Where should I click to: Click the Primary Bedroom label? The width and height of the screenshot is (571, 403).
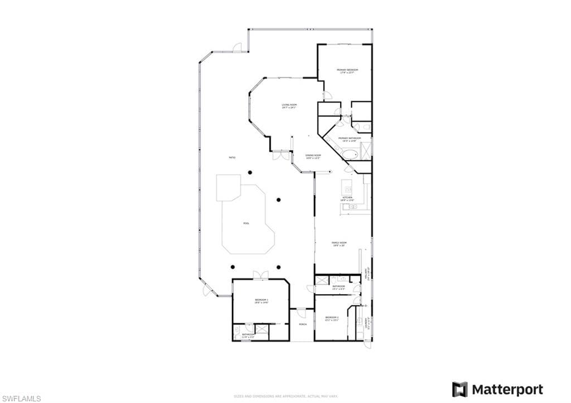point(347,70)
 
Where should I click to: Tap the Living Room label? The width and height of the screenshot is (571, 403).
point(289,105)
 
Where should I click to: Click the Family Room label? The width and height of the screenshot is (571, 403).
point(340,242)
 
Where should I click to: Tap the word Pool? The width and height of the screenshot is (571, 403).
point(246,223)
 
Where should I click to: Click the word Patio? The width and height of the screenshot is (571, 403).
point(232,158)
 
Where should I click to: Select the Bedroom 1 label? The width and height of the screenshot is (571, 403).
point(262,301)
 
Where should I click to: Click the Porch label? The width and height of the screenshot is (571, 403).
point(303,324)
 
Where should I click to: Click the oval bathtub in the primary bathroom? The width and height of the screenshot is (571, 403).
point(351,153)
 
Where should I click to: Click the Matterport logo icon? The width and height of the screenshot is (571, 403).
point(459,389)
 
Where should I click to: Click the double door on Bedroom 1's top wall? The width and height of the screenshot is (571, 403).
point(260,275)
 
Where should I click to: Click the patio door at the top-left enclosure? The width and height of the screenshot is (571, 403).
point(238,47)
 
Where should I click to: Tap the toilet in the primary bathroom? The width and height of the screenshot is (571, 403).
point(356,127)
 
